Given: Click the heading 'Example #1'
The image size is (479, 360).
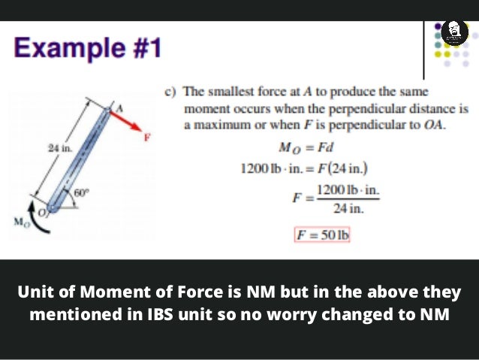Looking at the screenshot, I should pyautogui.click(x=87, y=50).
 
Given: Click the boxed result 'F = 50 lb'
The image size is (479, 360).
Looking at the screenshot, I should pyautogui.click(x=322, y=234).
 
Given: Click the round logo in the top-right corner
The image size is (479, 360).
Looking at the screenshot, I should pyautogui.click(x=452, y=32).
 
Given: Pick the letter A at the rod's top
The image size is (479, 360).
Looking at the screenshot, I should pyautogui.click(x=117, y=108).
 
